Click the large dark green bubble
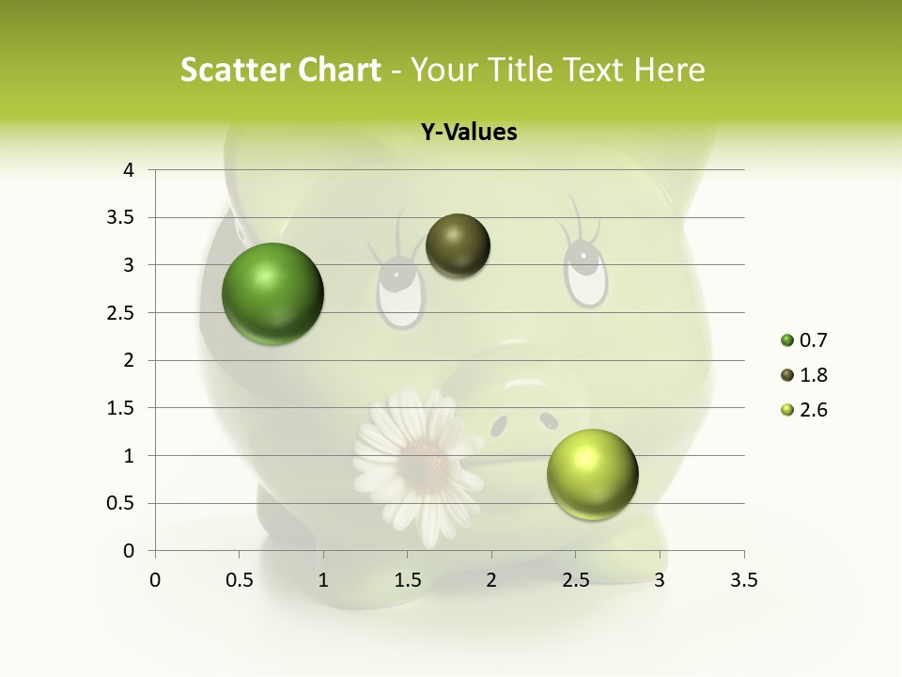[x=272, y=293]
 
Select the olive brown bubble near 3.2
[x=458, y=245]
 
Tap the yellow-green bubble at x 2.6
[x=592, y=474]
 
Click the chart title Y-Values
[x=469, y=133]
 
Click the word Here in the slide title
[x=668, y=70]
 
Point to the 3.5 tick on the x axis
[x=744, y=580]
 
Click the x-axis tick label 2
[x=491, y=580]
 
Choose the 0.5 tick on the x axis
[x=240, y=580]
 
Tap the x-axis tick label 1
[x=324, y=580]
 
